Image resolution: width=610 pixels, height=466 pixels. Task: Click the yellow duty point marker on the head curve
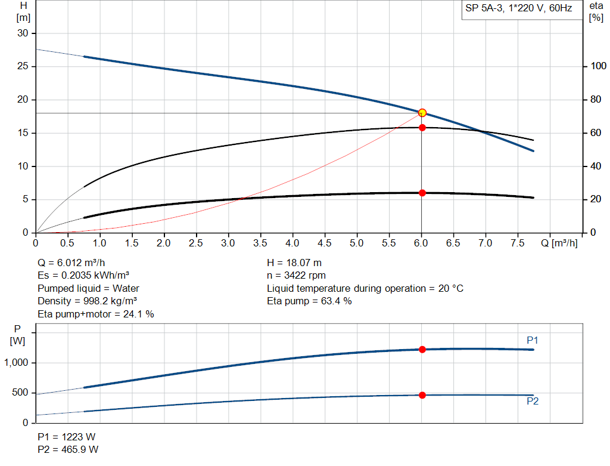click(x=422, y=112)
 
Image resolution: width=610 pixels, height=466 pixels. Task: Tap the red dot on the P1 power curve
click(x=422, y=349)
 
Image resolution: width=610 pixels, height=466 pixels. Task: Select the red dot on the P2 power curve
click(x=422, y=395)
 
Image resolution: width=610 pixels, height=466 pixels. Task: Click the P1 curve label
click(x=533, y=340)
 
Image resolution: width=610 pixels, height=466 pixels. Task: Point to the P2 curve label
click(x=533, y=402)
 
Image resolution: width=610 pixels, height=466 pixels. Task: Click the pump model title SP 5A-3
click(x=517, y=9)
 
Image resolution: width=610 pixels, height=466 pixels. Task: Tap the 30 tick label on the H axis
click(x=23, y=33)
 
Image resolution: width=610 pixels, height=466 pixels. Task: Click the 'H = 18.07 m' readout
click(x=295, y=263)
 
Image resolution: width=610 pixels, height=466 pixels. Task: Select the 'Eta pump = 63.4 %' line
click(x=309, y=301)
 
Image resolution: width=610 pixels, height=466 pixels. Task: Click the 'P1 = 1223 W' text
click(x=67, y=437)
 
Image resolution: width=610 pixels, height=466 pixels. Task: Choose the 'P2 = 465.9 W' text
click(x=69, y=449)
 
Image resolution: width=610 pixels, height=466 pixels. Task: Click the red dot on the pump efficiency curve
click(x=422, y=127)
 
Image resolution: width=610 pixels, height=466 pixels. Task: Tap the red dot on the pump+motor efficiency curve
click(x=422, y=193)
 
